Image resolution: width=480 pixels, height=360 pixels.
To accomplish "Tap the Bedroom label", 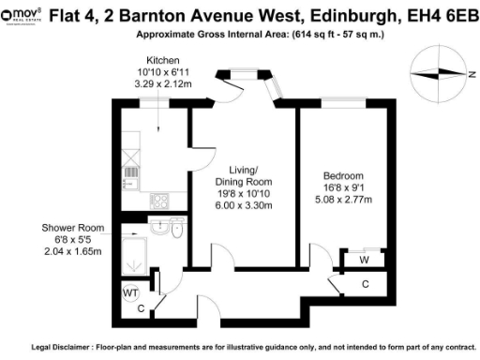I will click(x=344, y=175).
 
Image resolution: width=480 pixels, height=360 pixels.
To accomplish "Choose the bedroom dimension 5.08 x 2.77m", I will click(x=344, y=199).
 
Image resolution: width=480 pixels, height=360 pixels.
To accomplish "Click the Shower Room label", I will click(x=67, y=228).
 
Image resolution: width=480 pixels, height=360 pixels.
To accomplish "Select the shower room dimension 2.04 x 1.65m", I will click(x=67, y=252).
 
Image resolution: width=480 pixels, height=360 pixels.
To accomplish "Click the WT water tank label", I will click(x=130, y=292).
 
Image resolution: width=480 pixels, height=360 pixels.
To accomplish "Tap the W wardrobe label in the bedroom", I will click(x=363, y=259).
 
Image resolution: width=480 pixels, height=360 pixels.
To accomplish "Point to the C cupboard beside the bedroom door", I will click(x=365, y=283).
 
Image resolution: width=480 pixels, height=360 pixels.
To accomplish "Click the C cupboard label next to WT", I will click(x=140, y=307).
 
